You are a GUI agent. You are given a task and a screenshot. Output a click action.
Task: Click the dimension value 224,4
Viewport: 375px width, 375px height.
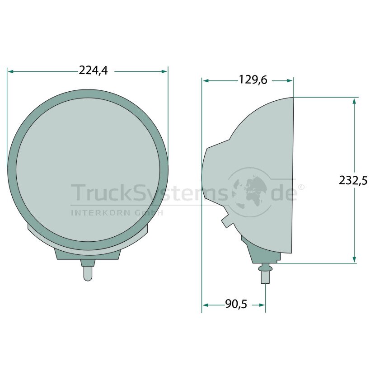[93, 70]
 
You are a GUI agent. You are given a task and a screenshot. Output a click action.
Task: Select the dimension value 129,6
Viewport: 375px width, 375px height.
[253, 80]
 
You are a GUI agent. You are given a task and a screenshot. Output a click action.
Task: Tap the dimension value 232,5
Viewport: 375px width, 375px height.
[353, 181]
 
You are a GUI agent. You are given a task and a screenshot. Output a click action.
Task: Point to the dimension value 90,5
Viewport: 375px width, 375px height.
[236, 304]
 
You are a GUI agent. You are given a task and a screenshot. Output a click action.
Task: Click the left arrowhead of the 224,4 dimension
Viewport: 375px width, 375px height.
[10, 71]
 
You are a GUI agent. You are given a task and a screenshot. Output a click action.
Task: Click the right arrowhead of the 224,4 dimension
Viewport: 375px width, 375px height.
[164, 71]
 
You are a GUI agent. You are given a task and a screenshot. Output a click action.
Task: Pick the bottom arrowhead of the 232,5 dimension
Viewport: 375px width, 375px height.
[354, 260]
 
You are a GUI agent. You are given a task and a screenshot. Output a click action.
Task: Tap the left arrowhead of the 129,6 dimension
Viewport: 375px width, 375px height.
[206, 81]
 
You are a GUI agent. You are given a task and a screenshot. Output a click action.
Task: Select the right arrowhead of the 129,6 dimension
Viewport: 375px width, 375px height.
[290, 81]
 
